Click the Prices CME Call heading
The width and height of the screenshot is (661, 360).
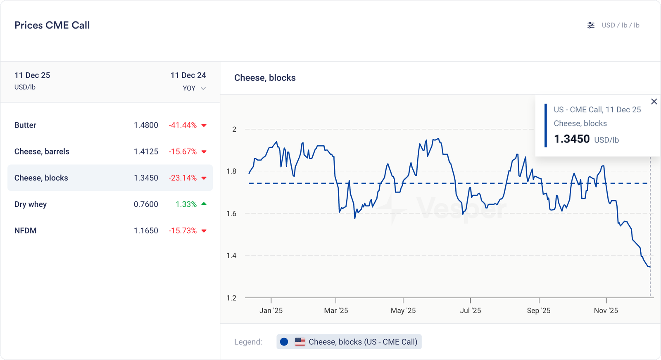click(52, 25)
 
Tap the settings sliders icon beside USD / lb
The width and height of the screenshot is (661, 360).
click(591, 25)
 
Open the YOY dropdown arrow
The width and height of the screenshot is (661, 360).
click(203, 88)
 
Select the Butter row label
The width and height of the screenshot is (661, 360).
click(25, 125)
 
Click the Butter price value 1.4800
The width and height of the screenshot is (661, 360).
click(146, 125)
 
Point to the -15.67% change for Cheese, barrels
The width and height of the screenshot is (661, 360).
click(183, 152)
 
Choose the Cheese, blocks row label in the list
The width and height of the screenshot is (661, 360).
click(41, 178)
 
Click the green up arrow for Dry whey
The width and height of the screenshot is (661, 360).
click(204, 204)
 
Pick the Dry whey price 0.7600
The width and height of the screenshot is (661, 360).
click(146, 204)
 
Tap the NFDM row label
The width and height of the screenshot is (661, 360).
click(25, 231)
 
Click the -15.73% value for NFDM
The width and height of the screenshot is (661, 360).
click(183, 231)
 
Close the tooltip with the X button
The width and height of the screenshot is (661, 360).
click(654, 102)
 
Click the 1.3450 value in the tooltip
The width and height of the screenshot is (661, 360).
click(572, 139)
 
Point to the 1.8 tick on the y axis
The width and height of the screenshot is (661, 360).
click(231, 171)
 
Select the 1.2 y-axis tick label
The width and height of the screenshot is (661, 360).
click(231, 298)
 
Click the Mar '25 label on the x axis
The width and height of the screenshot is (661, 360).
click(336, 310)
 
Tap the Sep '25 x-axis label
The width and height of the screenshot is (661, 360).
click(539, 310)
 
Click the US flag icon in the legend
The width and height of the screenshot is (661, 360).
click(300, 342)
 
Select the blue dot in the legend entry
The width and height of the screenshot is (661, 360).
click(284, 342)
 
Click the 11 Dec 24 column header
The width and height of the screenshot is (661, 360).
click(188, 75)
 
